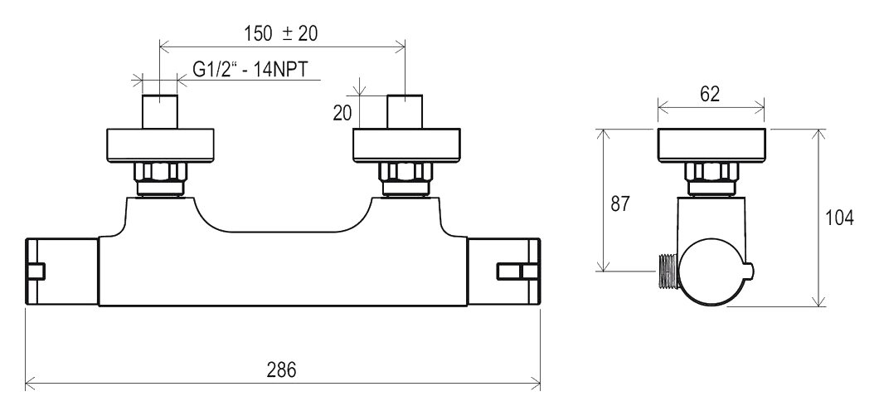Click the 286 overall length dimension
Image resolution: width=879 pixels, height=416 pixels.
coord(281,370)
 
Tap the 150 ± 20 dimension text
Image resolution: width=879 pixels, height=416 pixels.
coord(280,34)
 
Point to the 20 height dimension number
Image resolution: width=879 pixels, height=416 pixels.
coord(342,113)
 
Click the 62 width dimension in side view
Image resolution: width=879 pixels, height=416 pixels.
coord(710,95)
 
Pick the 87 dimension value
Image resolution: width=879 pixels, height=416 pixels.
coord(620,203)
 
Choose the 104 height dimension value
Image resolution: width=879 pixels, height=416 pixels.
coord(840,218)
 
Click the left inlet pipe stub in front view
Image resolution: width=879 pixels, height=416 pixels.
coord(160,112)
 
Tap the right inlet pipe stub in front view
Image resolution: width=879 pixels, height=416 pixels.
coord(405,112)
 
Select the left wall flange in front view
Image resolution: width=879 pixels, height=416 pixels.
coord(160,145)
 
